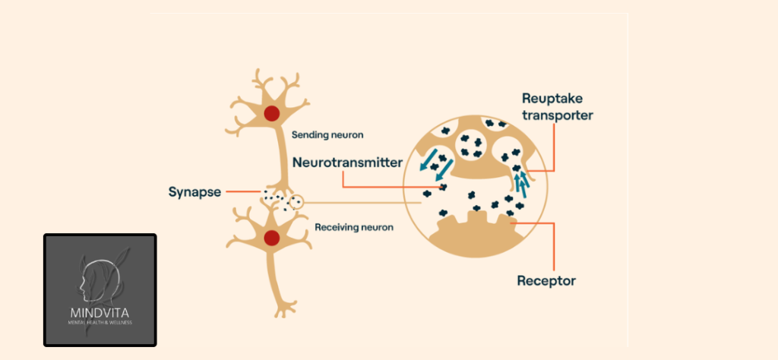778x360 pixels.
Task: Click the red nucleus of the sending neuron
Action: pos(270,114)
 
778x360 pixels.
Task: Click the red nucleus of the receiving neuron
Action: pos(270,238)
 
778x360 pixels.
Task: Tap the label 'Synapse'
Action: pos(194,191)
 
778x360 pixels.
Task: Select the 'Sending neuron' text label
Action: pos(327,135)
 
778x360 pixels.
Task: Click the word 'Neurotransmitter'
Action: pos(347,162)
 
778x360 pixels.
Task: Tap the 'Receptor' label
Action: pos(546,281)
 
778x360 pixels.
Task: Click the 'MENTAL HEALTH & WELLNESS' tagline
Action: pos(100,322)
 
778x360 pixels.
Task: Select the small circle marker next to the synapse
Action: pos(297,203)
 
